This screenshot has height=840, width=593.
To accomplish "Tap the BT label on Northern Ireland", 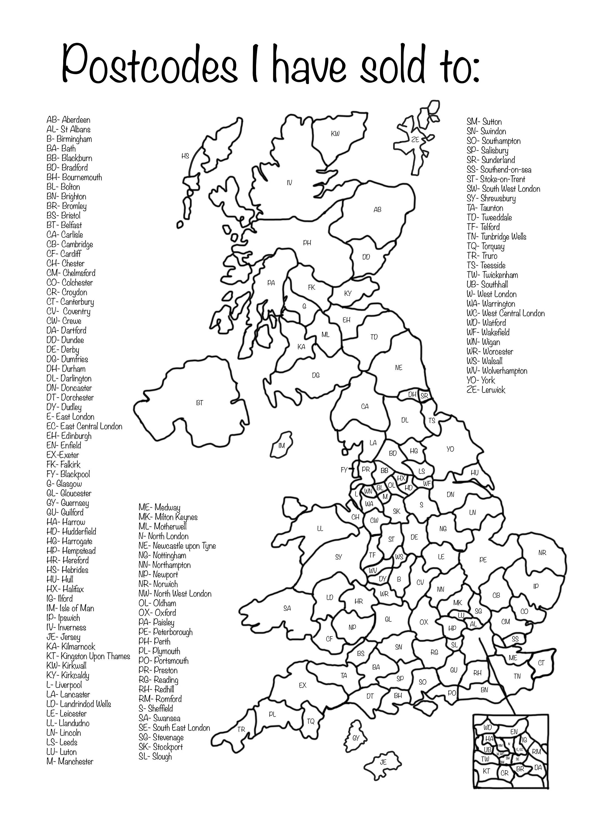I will (x=200, y=403).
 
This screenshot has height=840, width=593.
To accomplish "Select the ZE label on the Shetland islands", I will (x=415, y=139).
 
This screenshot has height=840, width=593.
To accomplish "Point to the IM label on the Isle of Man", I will (x=281, y=445).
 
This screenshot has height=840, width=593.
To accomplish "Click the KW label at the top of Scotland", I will (x=335, y=134).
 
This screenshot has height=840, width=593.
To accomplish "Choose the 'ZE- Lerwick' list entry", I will (x=486, y=390).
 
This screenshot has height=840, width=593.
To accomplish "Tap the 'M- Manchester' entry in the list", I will (x=70, y=761).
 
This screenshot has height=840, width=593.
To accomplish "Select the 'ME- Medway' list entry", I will (x=159, y=507).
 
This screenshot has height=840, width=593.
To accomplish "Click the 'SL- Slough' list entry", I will (x=155, y=756).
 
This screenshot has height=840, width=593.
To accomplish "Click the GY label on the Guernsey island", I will (x=356, y=738).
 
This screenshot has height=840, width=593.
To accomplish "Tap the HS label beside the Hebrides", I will (x=185, y=156).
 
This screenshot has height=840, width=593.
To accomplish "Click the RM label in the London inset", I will (x=536, y=752).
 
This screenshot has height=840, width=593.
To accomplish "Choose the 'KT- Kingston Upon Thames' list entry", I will (x=88, y=656).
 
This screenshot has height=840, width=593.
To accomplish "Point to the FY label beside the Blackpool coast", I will (x=344, y=470).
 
